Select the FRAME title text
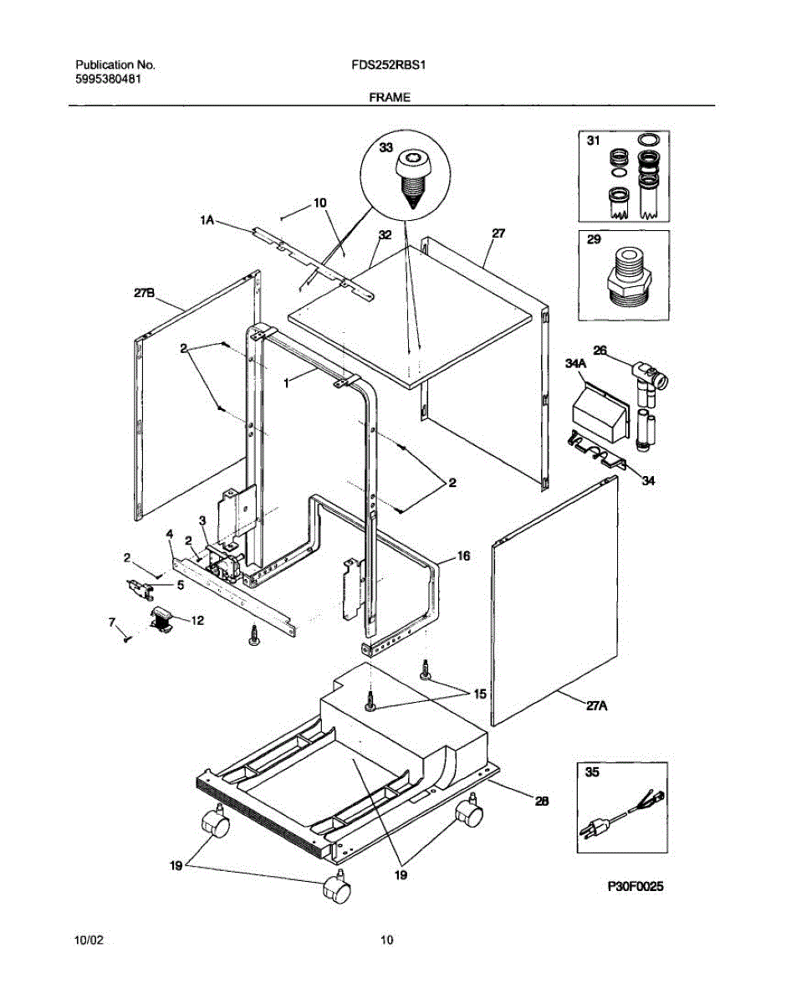coord(390,97)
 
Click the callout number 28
coord(541,801)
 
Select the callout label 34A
coord(576,362)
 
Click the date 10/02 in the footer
coord(89,940)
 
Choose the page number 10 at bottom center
coord(386,940)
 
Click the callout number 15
coord(479,693)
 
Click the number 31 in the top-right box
coord(593,142)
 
